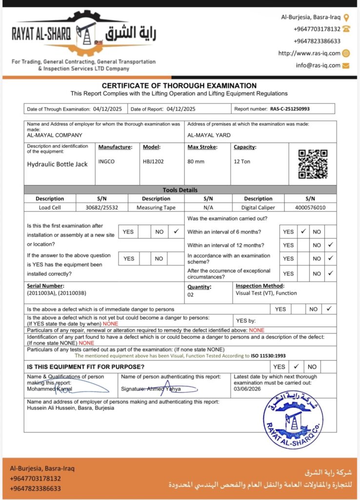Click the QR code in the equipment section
point(313,164)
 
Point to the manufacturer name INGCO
point(106,162)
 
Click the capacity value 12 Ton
point(242,162)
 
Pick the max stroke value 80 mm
point(196,162)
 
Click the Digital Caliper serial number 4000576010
point(310,208)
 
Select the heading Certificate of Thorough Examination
point(179,85)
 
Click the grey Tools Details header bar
point(180,190)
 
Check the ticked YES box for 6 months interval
point(303,231)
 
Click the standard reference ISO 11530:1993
point(268,356)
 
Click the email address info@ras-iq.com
point(318,65)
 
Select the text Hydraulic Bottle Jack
point(57,164)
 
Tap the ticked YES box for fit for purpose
point(296,367)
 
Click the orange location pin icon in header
point(346,17)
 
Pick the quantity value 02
point(191,295)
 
